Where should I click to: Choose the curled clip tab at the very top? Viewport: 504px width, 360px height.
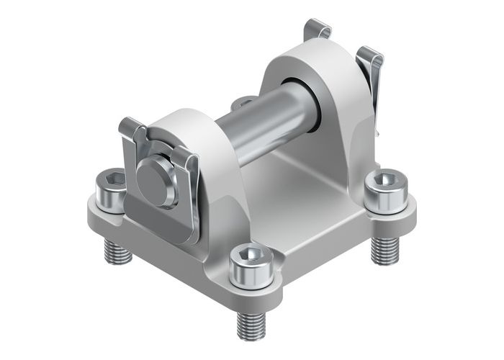(317, 30)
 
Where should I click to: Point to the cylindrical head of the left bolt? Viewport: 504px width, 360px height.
(112, 193)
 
